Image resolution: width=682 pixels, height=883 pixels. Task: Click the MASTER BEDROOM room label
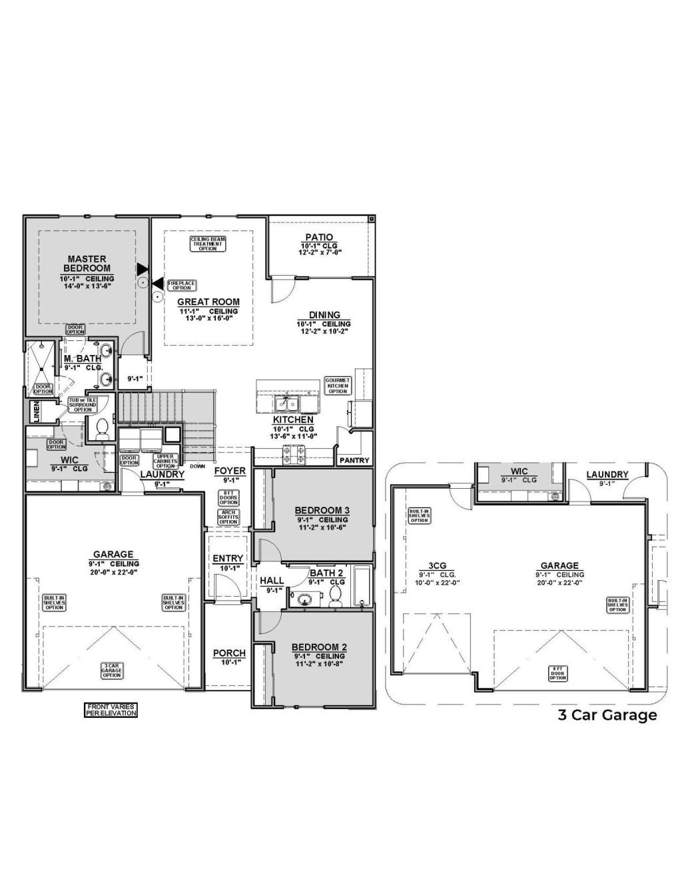(87, 263)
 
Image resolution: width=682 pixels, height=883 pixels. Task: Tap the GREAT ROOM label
(208, 302)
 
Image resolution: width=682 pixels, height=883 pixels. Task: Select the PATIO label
(319, 237)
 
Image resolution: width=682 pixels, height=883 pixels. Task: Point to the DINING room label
(324, 315)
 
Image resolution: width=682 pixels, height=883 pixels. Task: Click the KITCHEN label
(293, 420)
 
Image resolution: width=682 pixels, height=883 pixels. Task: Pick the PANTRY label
(354, 460)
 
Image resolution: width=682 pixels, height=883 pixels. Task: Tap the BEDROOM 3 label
(322, 511)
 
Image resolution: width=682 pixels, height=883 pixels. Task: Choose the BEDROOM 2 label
(319, 647)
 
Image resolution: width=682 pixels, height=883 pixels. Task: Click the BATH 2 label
(326, 573)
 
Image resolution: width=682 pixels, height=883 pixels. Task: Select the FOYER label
(230, 471)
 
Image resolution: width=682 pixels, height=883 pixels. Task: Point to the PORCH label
(229, 653)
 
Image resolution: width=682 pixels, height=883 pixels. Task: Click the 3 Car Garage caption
(607, 715)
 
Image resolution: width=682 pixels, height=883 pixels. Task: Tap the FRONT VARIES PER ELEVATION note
(111, 710)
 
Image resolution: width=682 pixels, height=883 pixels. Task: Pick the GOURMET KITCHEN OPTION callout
(338, 386)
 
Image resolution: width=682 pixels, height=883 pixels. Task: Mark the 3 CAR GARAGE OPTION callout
(112, 670)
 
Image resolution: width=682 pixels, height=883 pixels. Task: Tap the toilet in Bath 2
(336, 595)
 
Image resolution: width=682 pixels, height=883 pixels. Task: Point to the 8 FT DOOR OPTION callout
(557, 673)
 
